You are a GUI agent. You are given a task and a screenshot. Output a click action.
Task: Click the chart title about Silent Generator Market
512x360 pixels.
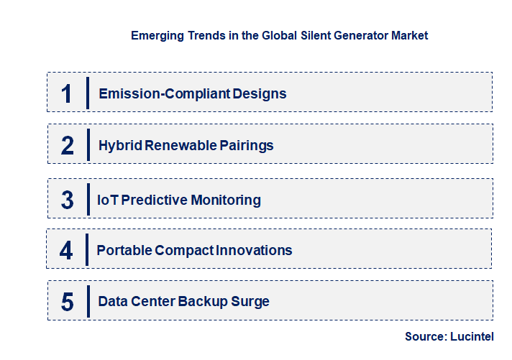pyautogui.click(x=279, y=34)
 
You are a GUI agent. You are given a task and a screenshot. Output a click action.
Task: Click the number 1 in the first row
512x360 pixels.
pyautogui.click(x=67, y=93)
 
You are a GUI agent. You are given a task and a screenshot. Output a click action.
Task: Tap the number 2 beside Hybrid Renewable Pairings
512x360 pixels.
pyautogui.click(x=67, y=146)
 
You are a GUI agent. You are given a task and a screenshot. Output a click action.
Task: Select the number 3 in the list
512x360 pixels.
pyautogui.click(x=67, y=200)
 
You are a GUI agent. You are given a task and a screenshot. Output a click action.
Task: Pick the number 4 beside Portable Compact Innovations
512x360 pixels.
pyautogui.click(x=66, y=250)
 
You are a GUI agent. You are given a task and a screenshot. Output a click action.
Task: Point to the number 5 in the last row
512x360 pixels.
pyautogui.click(x=67, y=302)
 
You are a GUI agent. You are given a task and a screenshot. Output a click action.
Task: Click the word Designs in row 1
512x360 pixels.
pyautogui.click(x=262, y=93)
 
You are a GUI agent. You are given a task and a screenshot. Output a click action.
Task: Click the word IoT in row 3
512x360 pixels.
pyautogui.click(x=107, y=200)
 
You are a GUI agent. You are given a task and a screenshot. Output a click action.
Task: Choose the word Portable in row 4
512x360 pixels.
pyautogui.click(x=123, y=250)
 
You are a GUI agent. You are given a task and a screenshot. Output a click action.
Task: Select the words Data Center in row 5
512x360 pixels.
pyautogui.click(x=136, y=302)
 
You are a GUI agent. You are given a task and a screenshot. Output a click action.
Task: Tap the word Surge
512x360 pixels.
pyautogui.click(x=250, y=302)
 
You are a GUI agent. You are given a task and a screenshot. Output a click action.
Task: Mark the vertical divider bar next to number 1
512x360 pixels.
pyautogui.click(x=87, y=93)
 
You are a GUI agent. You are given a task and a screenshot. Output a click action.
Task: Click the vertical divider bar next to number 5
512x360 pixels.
pyautogui.click(x=87, y=301)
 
